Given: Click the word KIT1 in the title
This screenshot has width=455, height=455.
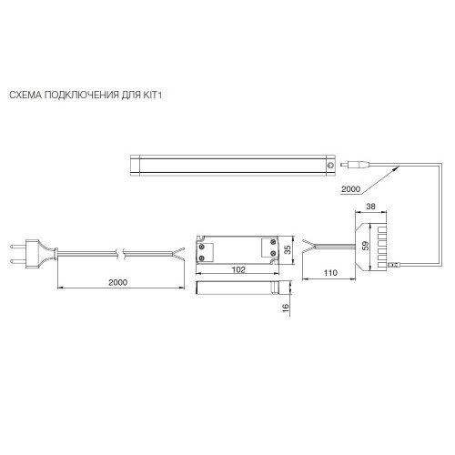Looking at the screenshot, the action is (x=151, y=95).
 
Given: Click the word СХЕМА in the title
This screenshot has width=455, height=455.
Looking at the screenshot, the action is (x=25, y=95).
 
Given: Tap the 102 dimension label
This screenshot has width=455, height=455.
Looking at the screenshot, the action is (x=238, y=269).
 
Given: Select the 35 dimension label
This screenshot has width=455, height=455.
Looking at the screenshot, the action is (x=288, y=249).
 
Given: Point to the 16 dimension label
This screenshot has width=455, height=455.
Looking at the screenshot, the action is (x=286, y=308).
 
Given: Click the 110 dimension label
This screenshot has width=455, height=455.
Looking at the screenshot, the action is (x=330, y=273).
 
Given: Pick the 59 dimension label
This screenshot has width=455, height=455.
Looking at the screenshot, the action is (x=366, y=246).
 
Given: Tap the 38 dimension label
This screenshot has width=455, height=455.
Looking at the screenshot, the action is (x=370, y=207).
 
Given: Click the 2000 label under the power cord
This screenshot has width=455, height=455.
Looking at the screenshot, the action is (x=118, y=282).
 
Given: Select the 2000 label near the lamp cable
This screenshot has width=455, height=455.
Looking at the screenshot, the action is (x=350, y=189).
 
